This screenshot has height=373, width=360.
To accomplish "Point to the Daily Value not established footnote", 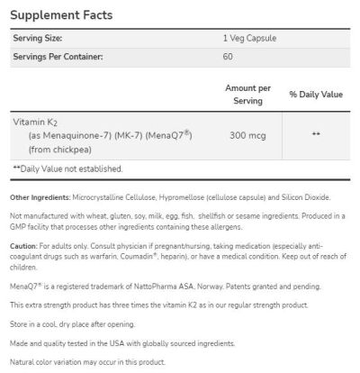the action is click(67, 168).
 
